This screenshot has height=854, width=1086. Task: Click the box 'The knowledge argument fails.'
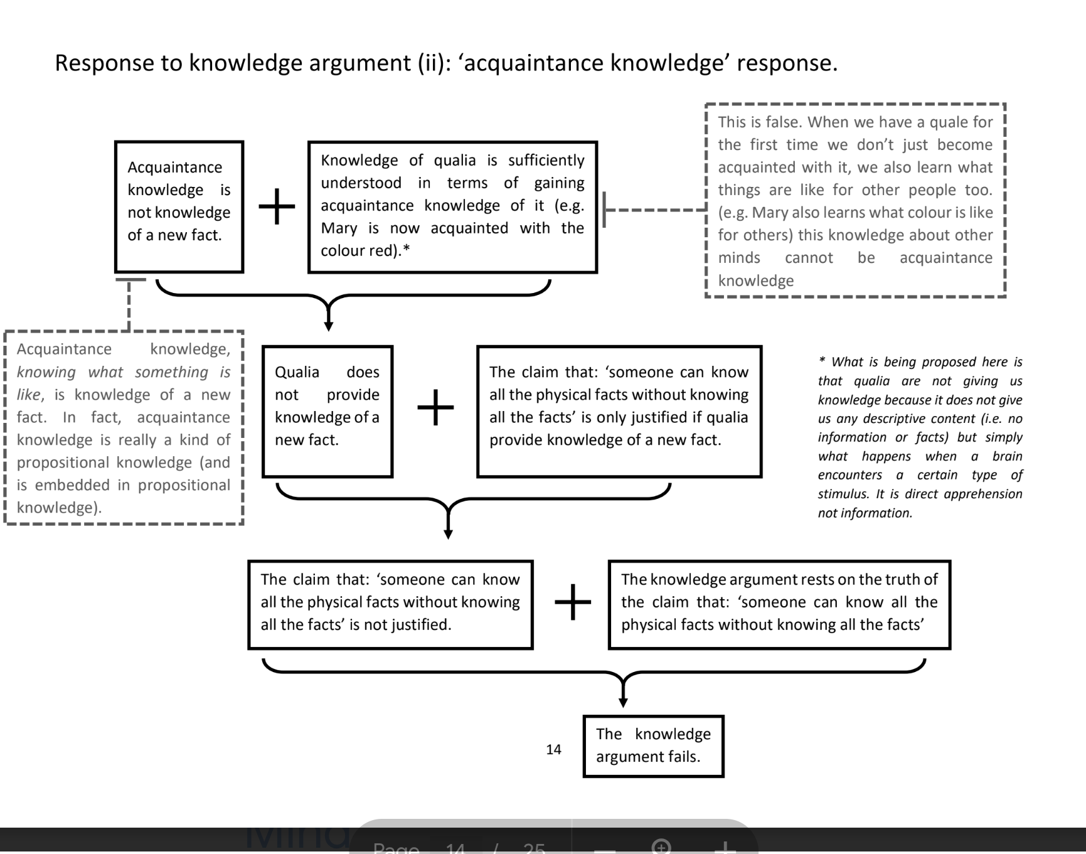point(653,746)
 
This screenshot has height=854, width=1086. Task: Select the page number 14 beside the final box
point(553,749)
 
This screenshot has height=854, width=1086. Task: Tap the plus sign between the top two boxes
point(277,206)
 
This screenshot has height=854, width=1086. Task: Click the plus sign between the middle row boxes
point(435,407)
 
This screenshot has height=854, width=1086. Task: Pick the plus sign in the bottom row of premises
point(572,602)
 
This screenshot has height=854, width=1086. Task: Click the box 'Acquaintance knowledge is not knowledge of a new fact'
point(179,206)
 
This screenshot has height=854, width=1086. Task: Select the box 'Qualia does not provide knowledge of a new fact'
point(327,411)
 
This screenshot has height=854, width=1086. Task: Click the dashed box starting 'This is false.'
point(855,200)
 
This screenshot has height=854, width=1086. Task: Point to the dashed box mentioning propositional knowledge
point(124,427)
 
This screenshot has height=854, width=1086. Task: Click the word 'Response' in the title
point(102,63)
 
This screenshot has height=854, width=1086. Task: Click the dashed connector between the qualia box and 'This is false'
point(656,210)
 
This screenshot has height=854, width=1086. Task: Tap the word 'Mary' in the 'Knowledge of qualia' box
point(339,228)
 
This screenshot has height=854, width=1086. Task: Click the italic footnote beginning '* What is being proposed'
point(920,437)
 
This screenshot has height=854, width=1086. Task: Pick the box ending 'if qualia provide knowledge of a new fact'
point(619,411)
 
